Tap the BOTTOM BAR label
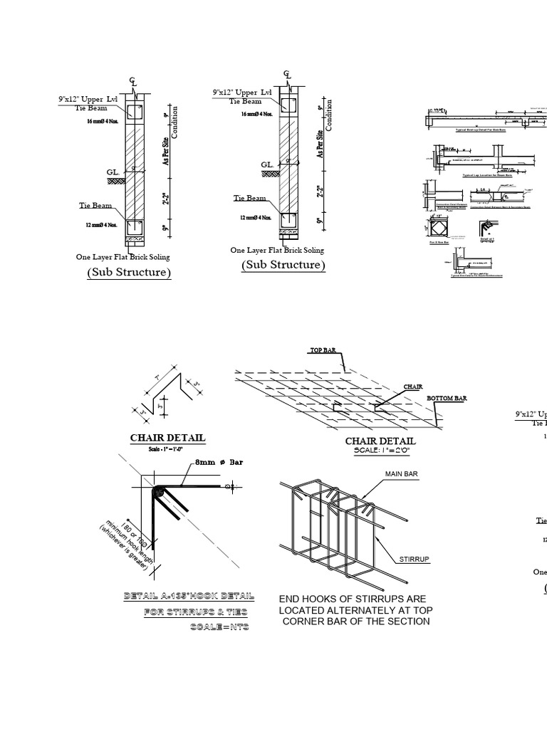click(447, 399)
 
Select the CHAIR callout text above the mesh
click(413, 387)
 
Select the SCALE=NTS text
click(219, 627)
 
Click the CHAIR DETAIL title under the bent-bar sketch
click(167, 438)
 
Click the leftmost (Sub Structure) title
click(129, 273)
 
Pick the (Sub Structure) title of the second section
click(283, 265)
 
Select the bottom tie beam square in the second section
click(288, 221)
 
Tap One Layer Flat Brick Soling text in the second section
click(277, 250)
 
